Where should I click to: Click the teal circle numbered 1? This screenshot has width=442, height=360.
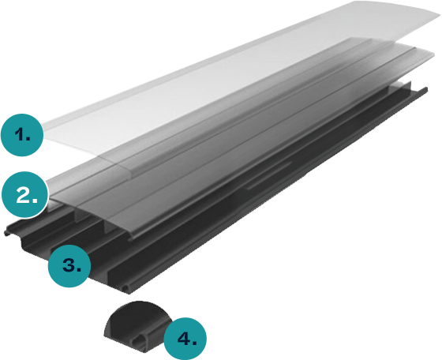point(22,135)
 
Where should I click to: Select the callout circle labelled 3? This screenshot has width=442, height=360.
point(69,266)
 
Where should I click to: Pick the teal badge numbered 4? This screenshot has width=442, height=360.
point(185,339)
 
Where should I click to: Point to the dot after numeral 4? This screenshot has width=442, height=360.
point(194,343)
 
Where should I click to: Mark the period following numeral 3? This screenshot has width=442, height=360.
point(79,270)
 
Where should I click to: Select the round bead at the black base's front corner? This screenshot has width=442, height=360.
point(125,288)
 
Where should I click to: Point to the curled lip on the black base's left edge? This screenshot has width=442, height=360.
point(8,233)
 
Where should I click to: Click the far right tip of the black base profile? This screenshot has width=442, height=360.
point(427,90)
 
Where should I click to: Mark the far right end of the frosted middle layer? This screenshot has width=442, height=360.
point(433,54)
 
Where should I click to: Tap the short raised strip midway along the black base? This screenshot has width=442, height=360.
point(269,174)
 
